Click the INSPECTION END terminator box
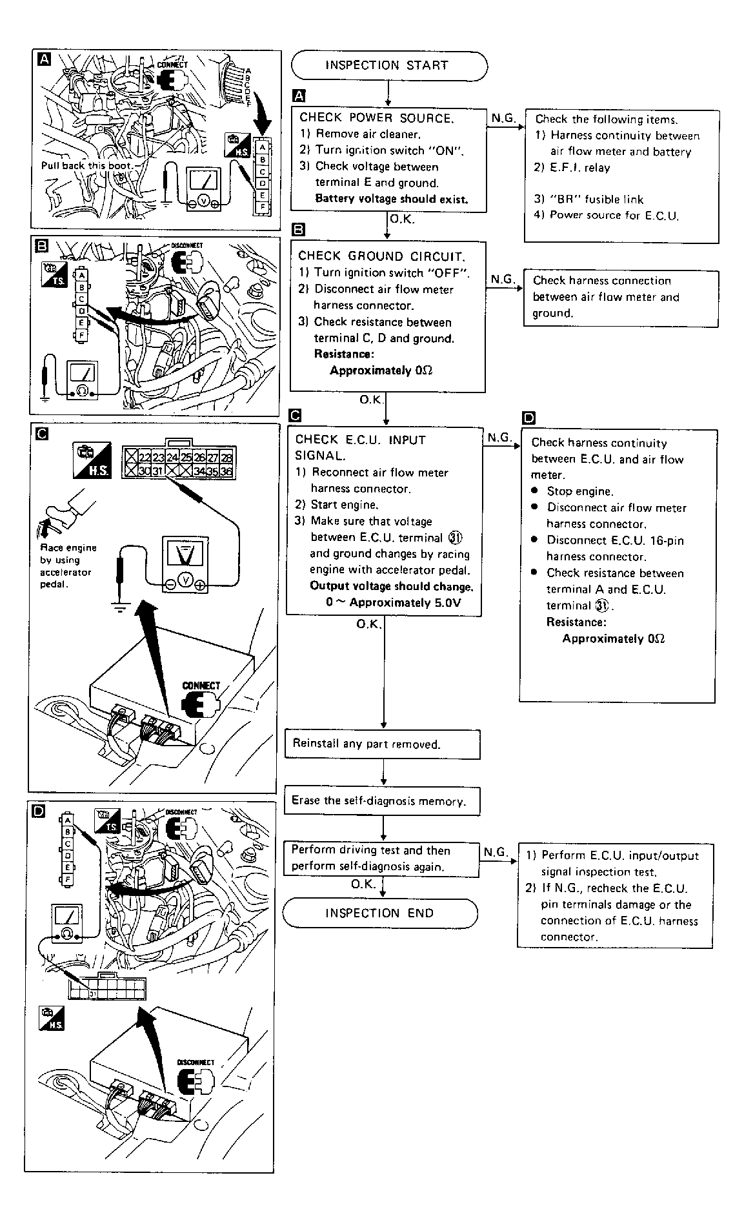pos(379,913)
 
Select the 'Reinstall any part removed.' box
pos(382,744)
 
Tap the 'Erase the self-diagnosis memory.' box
pos(382,801)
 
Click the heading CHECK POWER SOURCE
pos(376,118)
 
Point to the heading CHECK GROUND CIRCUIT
pos(381,256)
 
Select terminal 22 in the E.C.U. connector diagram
pos(145,458)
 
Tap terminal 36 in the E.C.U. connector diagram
pos(226,471)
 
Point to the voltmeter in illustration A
pos(205,188)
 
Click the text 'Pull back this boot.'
pos(86,165)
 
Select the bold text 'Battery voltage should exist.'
pos(391,199)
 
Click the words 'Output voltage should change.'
pos(391,586)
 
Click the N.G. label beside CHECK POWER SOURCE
pos(503,119)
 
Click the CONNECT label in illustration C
pos(201,686)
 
